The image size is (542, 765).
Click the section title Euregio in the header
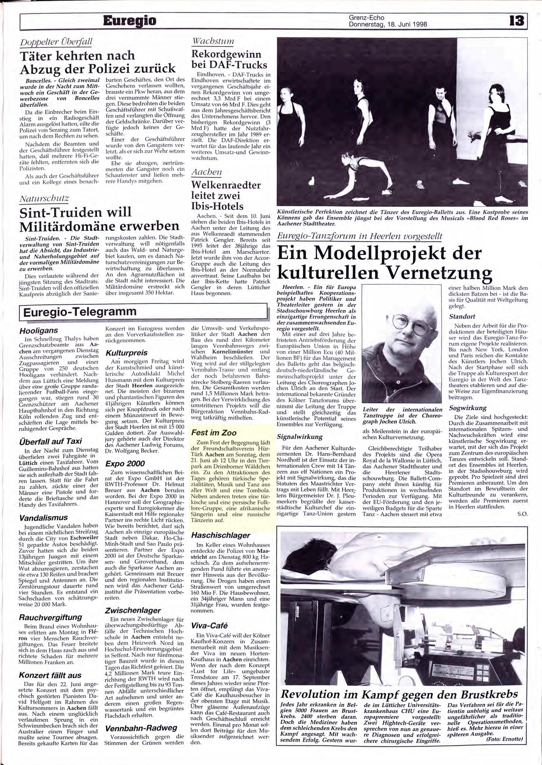129,21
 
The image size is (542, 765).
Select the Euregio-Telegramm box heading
80,311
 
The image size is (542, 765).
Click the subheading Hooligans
39,330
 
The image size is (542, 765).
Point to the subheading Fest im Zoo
214,433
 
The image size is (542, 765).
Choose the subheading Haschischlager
220,535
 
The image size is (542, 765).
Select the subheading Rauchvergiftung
50,617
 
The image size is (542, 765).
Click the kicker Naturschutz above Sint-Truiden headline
44,199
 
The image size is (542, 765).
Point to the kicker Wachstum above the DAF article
213,42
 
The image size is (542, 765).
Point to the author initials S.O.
523,514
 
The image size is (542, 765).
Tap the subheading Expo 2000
125,463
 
